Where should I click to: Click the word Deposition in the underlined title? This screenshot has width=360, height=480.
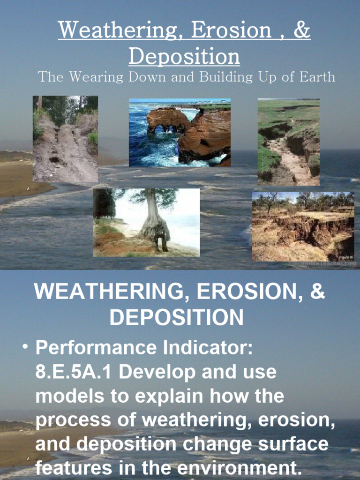click(184, 57)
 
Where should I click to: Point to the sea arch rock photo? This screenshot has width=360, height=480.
click(180, 133)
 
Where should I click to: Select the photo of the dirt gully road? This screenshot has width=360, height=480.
click(65, 139)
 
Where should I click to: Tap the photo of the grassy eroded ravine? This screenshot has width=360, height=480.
click(288, 142)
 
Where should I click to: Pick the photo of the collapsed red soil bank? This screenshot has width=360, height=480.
click(303, 226)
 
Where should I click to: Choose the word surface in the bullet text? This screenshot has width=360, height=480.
click(291, 444)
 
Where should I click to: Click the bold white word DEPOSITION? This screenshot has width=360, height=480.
click(177, 318)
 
